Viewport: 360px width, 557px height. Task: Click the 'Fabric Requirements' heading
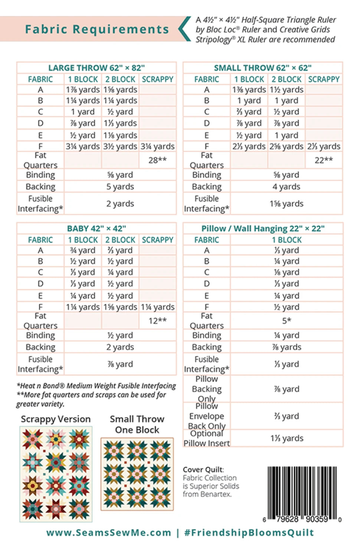point(97,29)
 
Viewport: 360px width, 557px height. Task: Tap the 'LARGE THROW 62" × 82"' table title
point(96,68)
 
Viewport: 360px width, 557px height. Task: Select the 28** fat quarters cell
point(157,160)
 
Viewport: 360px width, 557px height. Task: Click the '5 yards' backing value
point(120,186)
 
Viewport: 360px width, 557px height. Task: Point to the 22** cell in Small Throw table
point(324,160)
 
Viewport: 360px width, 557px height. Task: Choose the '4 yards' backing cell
point(286,186)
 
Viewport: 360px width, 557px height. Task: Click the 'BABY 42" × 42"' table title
point(96,228)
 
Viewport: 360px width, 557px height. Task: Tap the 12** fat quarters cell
point(157,320)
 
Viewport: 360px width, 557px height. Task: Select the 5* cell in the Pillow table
point(286,320)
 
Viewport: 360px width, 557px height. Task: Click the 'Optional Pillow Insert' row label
point(206,438)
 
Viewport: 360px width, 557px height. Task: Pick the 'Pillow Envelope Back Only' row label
point(206,416)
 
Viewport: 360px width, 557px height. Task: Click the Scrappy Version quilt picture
point(56,474)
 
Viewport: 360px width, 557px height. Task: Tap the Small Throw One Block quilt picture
point(137,474)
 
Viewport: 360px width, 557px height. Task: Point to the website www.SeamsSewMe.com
point(109,532)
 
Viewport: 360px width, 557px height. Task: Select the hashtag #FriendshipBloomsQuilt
point(249,532)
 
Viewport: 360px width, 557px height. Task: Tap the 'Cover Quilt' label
point(203,469)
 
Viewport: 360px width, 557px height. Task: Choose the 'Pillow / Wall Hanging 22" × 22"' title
point(263,228)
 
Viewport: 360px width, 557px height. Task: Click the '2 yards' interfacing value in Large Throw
point(120,203)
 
